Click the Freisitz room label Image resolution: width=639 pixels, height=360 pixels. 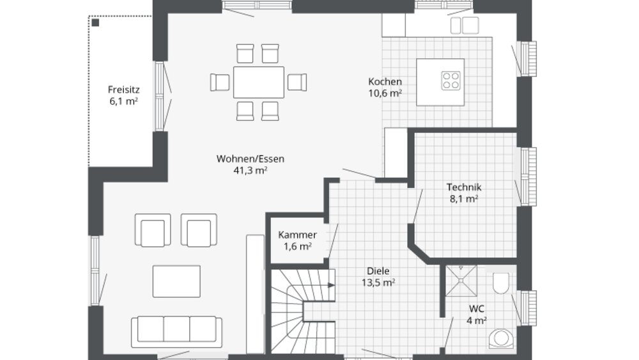point(124,90)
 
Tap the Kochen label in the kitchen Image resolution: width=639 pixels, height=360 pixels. point(385,82)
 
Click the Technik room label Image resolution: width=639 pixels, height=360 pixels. point(463,187)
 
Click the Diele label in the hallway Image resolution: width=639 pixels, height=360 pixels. point(378,270)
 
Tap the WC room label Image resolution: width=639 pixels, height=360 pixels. point(477,309)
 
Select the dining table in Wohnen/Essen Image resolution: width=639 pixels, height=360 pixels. point(259,82)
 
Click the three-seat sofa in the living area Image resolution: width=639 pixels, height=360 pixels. point(177,329)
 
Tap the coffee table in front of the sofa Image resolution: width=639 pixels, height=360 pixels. point(176,280)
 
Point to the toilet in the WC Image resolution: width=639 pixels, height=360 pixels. point(501,282)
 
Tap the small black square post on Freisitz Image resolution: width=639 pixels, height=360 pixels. point(96,22)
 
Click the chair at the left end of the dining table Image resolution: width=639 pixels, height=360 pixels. point(220,82)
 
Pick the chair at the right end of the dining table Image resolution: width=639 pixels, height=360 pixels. point(297,82)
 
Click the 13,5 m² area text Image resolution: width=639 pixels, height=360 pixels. point(378,282)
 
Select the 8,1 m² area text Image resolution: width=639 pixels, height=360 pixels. point(463,199)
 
